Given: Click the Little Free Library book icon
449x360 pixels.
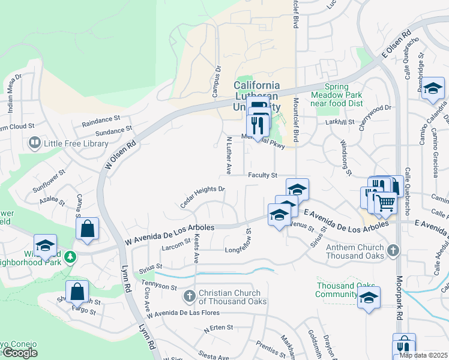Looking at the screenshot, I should [x=34, y=143].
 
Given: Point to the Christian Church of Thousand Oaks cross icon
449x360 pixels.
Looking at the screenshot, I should [x=189, y=295].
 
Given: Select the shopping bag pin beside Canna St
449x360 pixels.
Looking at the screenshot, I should [x=87, y=228].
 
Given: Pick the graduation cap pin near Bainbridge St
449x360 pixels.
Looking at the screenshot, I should [x=432, y=89].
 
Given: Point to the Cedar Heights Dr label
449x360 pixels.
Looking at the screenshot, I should [x=202, y=197].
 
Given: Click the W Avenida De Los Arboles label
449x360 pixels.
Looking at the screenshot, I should [x=169, y=235].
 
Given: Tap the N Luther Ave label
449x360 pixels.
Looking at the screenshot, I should [x=228, y=155].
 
